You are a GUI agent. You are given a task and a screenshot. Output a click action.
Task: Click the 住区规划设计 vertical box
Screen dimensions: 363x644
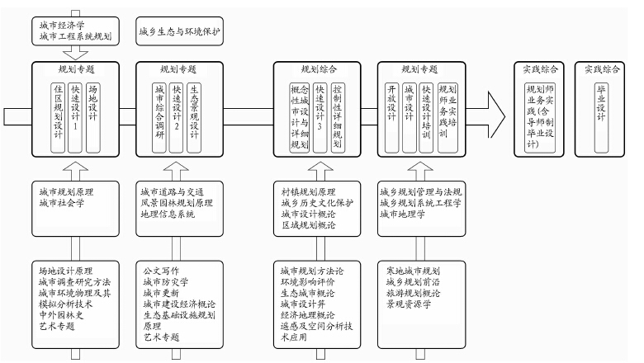click(59, 116)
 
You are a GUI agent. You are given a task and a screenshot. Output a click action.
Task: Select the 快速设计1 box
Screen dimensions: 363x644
click(75, 116)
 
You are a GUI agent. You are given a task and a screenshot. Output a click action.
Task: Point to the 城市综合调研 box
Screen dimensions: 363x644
click(159, 116)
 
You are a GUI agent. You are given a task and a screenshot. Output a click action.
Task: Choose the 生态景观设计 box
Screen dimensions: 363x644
click(194, 116)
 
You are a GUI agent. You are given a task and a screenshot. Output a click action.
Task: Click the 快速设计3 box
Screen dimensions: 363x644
click(320, 116)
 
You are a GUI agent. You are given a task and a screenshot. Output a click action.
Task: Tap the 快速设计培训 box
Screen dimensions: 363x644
click(426, 116)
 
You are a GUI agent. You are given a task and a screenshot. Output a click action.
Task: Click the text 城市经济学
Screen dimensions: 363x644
click(61, 24)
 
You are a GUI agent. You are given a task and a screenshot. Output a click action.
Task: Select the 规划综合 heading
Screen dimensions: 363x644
click(318, 68)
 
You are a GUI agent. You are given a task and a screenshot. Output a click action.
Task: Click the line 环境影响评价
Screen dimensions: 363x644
click(307, 281)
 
